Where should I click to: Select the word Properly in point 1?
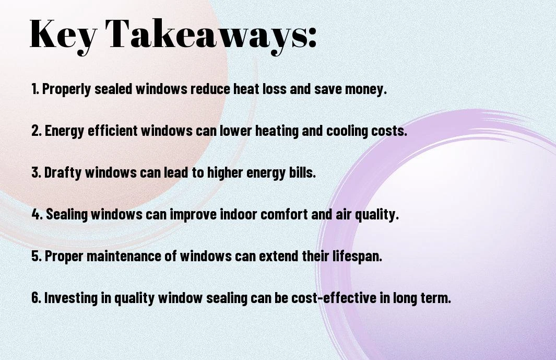pyautogui.click(x=66, y=89)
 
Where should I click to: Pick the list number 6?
pyautogui.click(x=36, y=297)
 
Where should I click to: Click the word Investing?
pyautogui.click(x=71, y=298)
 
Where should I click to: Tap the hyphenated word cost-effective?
pyautogui.click(x=334, y=297)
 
